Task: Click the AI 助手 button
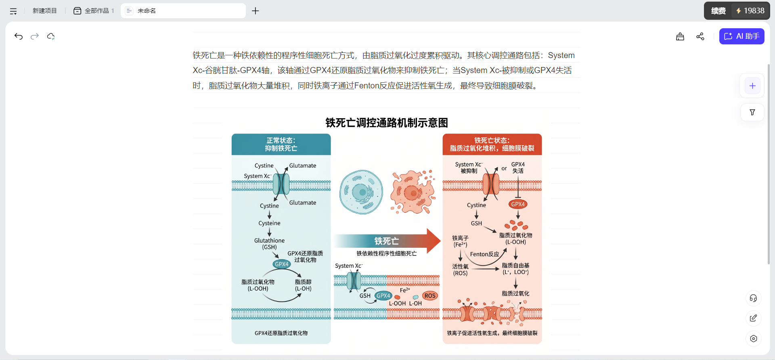click(741, 36)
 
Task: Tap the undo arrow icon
click(19, 36)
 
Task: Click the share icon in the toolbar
click(700, 36)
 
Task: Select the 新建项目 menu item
click(45, 11)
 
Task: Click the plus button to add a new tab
click(256, 11)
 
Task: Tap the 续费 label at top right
click(718, 11)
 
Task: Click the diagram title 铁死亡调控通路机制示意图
click(387, 123)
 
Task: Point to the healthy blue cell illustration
click(361, 192)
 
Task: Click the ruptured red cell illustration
click(413, 192)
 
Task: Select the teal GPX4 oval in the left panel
click(282, 264)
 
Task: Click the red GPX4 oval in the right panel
click(518, 204)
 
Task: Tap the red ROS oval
click(430, 296)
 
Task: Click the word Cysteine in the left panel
click(269, 223)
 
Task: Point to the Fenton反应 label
click(484, 254)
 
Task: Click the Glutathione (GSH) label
click(269, 244)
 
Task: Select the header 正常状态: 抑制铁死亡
click(281, 144)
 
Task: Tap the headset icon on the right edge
click(753, 298)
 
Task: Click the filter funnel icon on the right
click(752, 113)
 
